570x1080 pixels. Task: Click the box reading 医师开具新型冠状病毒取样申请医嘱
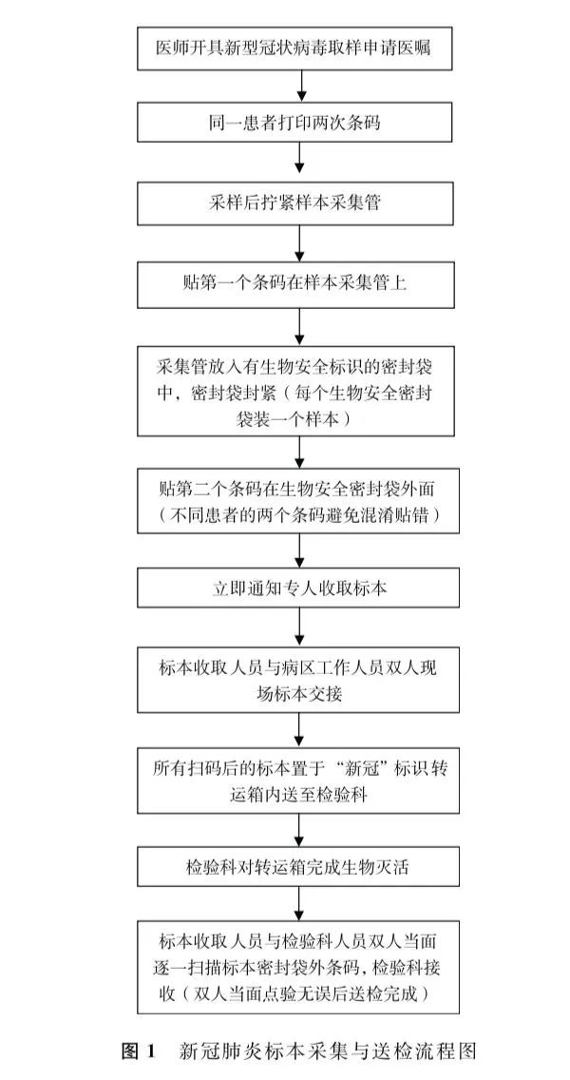[x=298, y=48]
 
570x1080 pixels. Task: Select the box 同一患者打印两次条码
[x=298, y=123]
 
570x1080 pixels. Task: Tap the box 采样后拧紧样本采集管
[x=298, y=203]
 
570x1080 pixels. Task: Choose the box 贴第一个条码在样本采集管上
[x=298, y=283]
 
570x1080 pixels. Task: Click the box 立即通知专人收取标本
[x=298, y=588]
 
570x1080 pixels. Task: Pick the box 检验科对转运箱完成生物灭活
[x=298, y=866]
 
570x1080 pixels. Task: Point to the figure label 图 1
[x=140, y=1051]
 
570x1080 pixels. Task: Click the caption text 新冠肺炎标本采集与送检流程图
[x=327, y=1051]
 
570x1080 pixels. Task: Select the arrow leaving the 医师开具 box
[x=298, y=87]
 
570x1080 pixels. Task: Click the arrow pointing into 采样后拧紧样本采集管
[x=298, y=163]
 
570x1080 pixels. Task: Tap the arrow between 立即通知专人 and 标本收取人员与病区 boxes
[x=298, y=627]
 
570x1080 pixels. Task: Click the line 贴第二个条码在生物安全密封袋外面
[x=298, y=490]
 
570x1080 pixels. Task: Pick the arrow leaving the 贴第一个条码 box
[x=298, y=326]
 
